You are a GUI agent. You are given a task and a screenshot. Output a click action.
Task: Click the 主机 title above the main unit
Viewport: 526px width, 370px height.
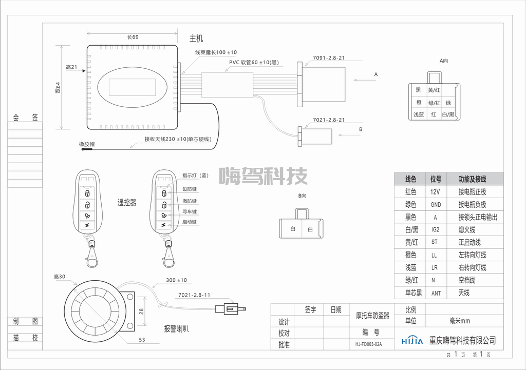[196, 38]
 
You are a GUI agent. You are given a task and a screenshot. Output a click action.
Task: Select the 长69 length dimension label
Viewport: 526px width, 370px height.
[133, 37]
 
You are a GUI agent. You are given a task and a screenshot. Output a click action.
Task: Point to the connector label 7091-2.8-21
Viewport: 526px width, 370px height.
[329, 58]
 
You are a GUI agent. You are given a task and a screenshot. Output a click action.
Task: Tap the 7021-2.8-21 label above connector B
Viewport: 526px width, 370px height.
[329, 120]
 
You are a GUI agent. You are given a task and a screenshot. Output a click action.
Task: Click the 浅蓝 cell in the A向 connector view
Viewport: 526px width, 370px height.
[419, 115]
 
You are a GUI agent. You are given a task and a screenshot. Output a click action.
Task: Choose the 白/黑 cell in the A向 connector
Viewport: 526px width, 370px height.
[448, 115]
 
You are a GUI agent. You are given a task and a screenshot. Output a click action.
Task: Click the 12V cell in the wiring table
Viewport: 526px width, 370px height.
[436, 192]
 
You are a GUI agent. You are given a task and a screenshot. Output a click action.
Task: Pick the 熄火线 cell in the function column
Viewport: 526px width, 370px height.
[467, 230]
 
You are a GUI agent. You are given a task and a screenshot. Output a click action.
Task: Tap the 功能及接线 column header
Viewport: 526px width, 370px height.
[473, 179]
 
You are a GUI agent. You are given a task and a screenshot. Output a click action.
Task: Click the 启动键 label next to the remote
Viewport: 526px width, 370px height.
[190, 222]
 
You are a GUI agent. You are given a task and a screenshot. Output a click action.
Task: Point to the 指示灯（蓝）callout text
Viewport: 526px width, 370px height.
[195, 176]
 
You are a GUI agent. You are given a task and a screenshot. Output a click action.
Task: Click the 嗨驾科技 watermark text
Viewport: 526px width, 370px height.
[264, 177]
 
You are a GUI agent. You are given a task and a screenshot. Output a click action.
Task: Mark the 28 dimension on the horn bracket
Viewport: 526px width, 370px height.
[142, 311]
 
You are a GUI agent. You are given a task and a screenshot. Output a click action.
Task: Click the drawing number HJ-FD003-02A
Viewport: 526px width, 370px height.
[368, 344]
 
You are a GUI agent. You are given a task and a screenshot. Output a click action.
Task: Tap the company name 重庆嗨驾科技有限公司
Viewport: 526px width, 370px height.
[463, 341]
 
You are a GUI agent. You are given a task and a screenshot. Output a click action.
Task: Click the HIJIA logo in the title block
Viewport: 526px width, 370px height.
[412, 341]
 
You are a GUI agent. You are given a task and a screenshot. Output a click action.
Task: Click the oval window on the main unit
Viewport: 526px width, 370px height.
[133, 85]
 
